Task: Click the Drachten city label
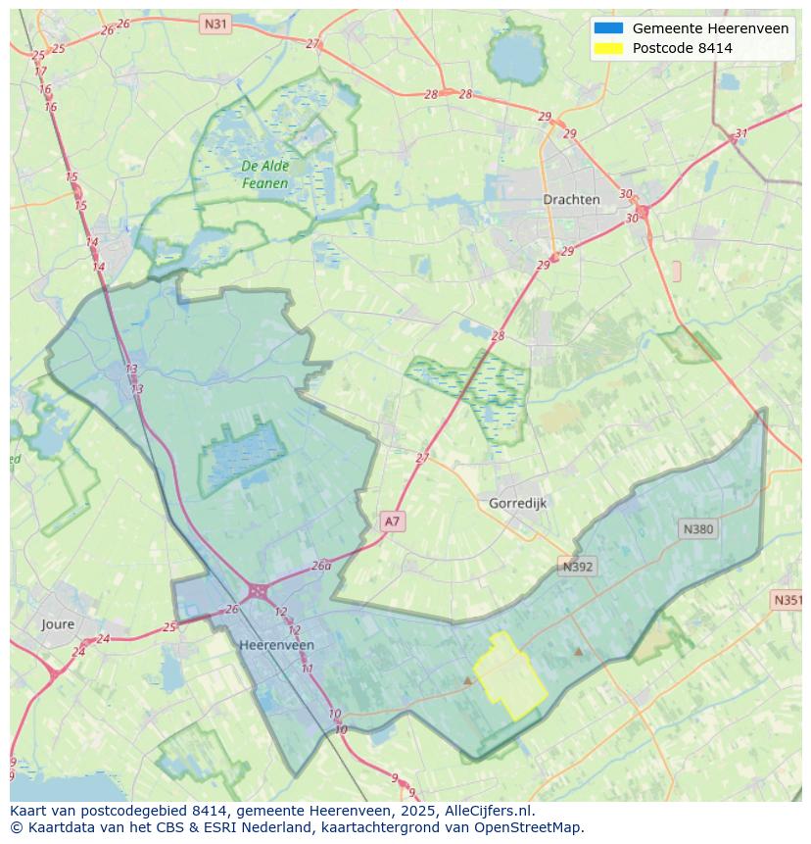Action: click(571, 199)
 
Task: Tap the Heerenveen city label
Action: click(276, 645)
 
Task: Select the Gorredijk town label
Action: click(517, 503)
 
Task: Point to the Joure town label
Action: click(58, 624)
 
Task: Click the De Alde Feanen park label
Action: click(265, 174)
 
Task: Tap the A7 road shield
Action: click(392, 521)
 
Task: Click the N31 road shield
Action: click(215, 23)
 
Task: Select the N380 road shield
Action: click(698, 529)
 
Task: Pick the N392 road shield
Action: click(578, 566)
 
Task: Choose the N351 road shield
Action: click(787, 600)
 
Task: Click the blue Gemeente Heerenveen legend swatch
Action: click(607, 28)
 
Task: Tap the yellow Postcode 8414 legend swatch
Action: click(607, 48)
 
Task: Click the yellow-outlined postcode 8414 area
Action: click(509, 678)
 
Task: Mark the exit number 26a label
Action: click(321, 566)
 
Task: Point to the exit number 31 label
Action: click(741, 133)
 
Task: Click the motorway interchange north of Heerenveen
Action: click(259, 591)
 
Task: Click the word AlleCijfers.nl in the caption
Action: click(488, 811)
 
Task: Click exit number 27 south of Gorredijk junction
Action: click(422, 458)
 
